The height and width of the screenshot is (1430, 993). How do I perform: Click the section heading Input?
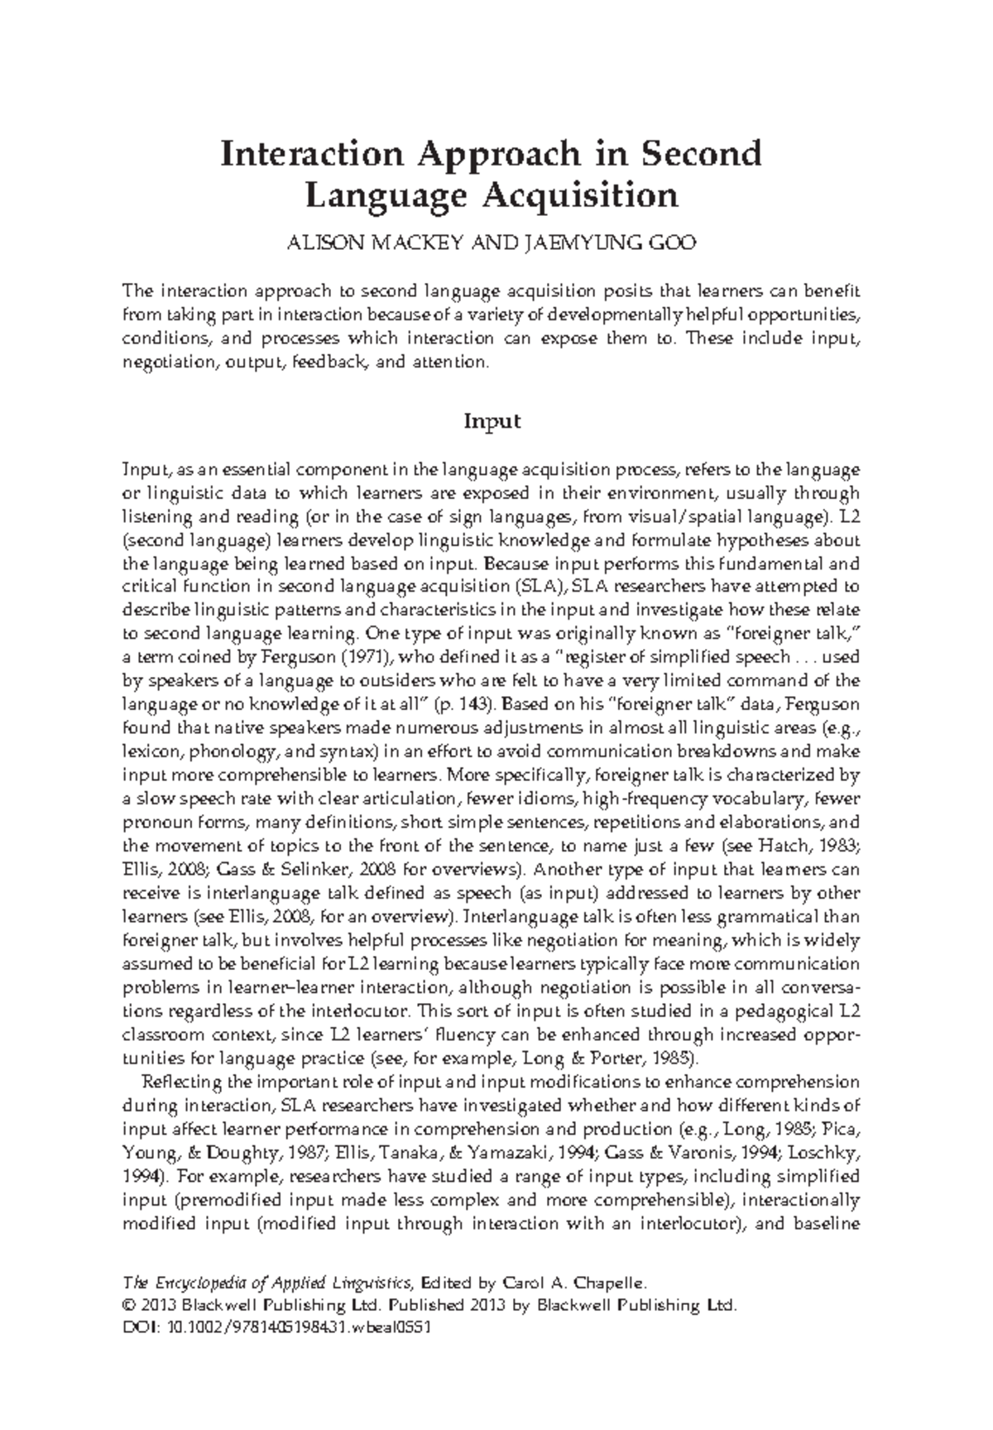[492, 421]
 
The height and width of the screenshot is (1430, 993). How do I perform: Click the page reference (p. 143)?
[464, 704]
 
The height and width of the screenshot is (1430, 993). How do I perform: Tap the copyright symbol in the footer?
[127, 1305]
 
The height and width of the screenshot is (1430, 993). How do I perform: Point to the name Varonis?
[736, 1153]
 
